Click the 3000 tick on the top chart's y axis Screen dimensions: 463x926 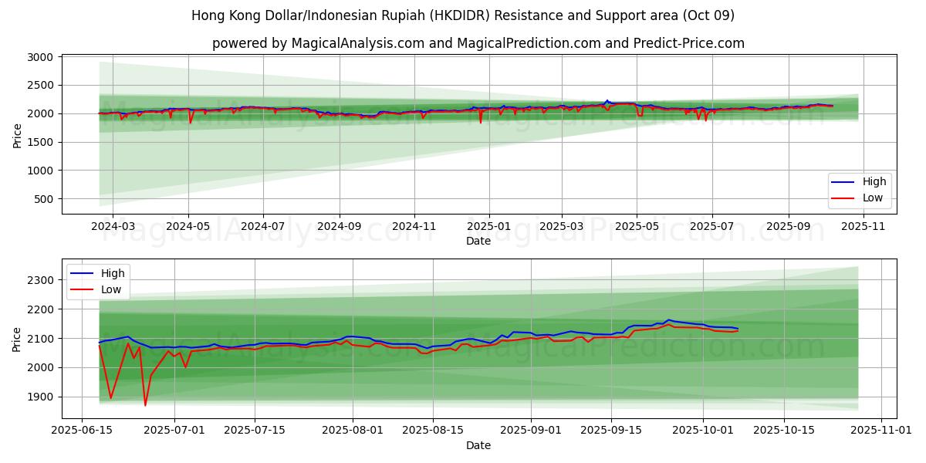(40, 57)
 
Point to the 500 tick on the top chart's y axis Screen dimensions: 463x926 (43, 199)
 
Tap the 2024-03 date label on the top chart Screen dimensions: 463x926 (113, 226)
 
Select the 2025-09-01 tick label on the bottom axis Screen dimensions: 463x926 (532, 430)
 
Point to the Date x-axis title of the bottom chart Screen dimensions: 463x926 (478, 445)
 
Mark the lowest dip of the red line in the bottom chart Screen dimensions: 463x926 (145, 405)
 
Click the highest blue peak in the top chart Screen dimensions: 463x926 (607, 100)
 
